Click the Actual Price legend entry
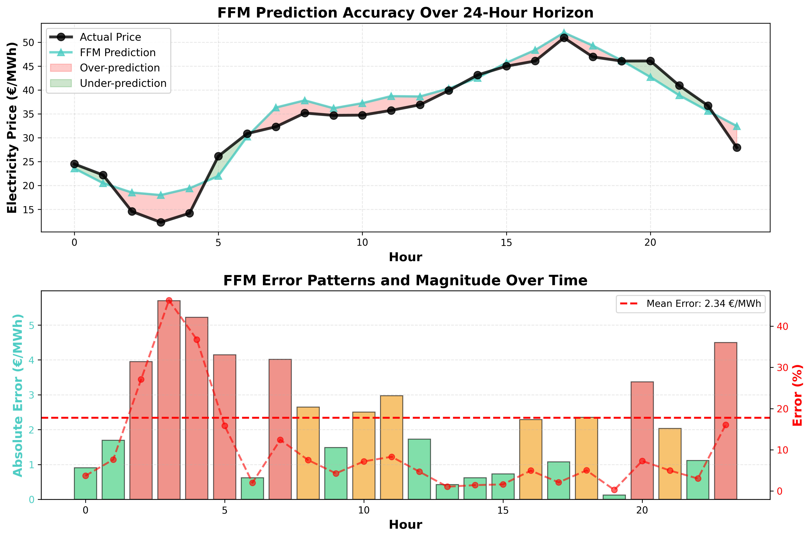110,37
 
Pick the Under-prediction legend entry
123,83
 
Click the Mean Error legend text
704,304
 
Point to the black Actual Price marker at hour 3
161,222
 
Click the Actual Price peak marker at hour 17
564,38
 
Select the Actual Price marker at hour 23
737,148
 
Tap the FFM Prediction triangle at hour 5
218,176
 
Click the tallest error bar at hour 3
169,400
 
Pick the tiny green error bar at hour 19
614,497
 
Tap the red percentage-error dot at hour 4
197,340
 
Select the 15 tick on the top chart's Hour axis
506,243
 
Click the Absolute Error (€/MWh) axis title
18,395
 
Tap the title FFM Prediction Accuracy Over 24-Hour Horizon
405,13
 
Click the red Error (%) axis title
798,395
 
